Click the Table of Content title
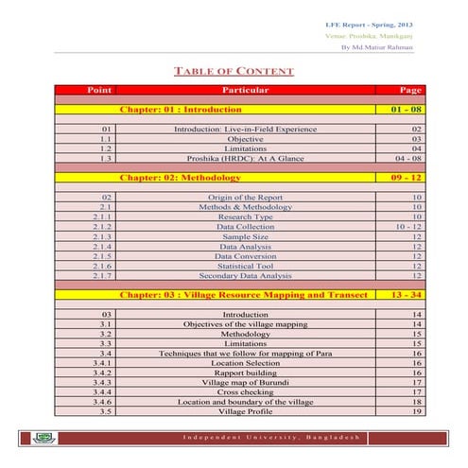[x=234, y=72]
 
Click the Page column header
[x=409, y=90]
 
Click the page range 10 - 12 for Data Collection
[x=409, y=227]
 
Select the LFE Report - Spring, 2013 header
[x=368, y=22]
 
